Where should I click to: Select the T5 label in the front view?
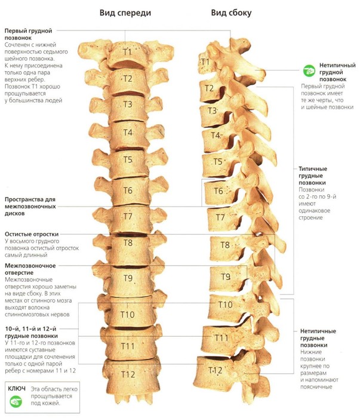[128, 159]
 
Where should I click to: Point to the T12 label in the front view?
[128, 374]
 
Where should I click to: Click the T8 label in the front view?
[128, 242]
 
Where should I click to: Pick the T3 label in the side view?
[212, 110]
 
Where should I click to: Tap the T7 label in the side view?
[220, 217]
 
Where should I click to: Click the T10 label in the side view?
[225, 305]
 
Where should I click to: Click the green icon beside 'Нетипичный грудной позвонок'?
[309, 70]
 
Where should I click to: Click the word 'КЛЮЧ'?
[16, 388]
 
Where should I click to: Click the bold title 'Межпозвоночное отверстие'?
[30, 269]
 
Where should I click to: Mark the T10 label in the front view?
[128, 314]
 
